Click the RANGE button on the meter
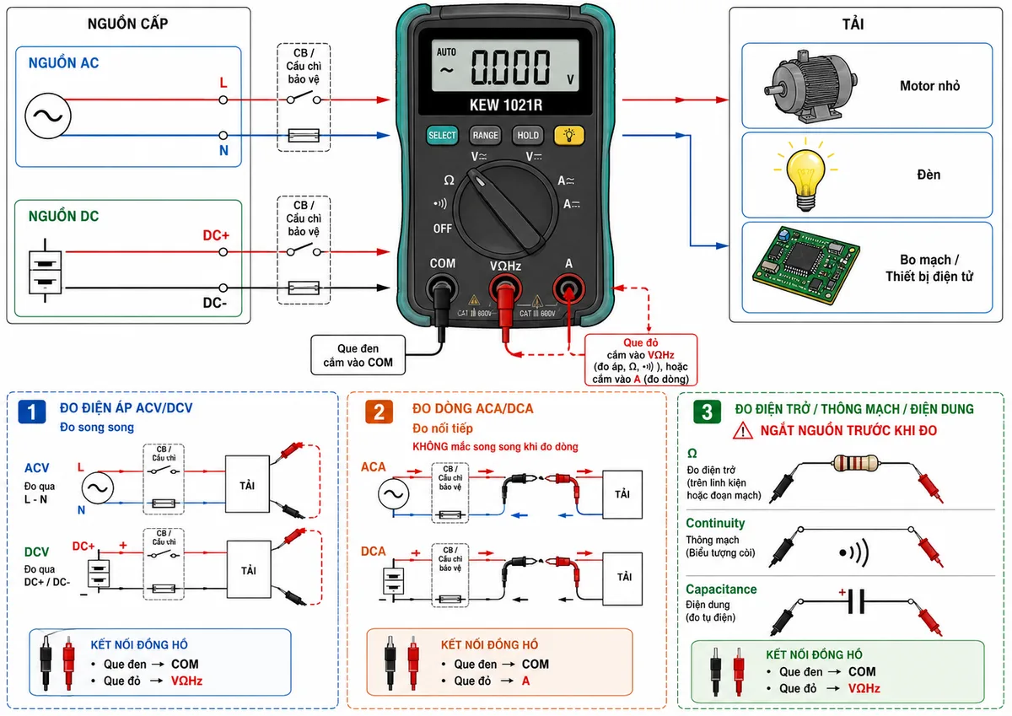[485, 135]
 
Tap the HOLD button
[528, 135]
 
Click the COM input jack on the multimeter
[441, 288]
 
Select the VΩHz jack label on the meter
[505, 266]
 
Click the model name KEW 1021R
[505, 105]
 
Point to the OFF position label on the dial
[442, 229]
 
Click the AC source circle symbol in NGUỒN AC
[48, 116]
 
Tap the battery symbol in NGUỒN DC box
[45, 271]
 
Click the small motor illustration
[810, 87]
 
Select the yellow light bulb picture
[805, 175]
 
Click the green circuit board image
[806, 265]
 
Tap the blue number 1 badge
[32, 412]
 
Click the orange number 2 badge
[379, 412]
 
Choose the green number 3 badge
[707, 412]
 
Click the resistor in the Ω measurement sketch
[855, 463]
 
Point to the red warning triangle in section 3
[743, 431]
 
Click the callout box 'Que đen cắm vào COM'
[358, 355]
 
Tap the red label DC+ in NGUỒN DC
[216, 235]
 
